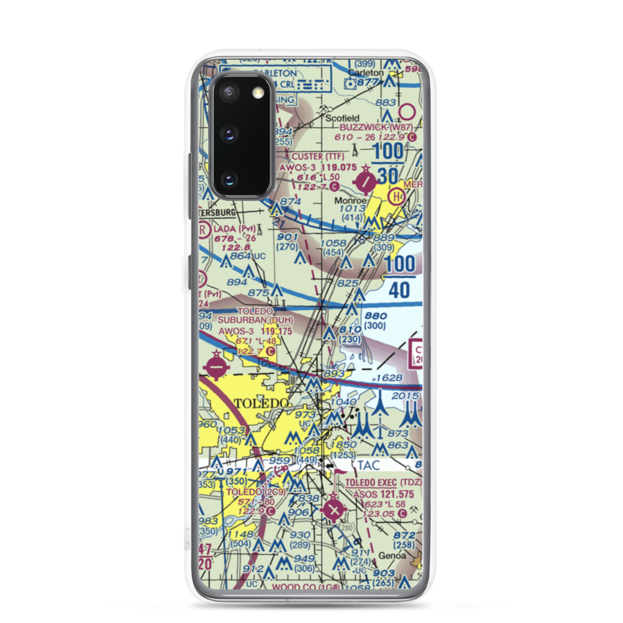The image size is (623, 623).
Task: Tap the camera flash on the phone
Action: coord(257,94)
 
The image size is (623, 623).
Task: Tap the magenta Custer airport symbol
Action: coord(366,182)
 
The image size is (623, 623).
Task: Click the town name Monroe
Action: coord(350,201)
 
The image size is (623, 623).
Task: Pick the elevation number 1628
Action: coord(390,378)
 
